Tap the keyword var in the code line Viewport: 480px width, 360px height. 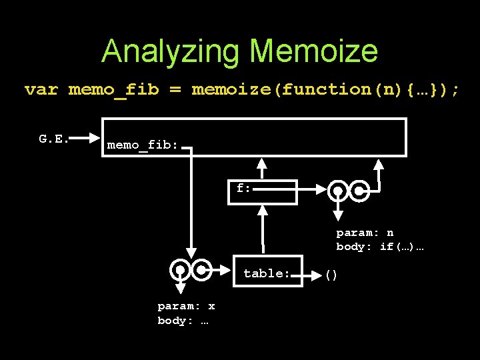click(x=41, y=89)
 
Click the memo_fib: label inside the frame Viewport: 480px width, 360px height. click(x=142, y=145)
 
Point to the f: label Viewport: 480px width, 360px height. click(x=243, y=188)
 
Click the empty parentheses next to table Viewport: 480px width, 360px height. click(x=331, y=274)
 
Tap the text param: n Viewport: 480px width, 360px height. click(x=365, y=233)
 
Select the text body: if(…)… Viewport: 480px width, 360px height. click(x=380, y=247)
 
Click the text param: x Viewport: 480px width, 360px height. click(x=186, y=306)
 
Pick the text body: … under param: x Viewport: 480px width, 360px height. click(x=183, y=320)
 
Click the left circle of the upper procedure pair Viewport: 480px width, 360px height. click(x=339, y=191)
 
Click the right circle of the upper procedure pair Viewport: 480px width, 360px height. click(x=359, y=191)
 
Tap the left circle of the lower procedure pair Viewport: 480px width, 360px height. click(x=180, y=270)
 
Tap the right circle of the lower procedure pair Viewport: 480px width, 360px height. click(x=201, y=270)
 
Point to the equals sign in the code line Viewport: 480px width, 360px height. click(x=175, y=89)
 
